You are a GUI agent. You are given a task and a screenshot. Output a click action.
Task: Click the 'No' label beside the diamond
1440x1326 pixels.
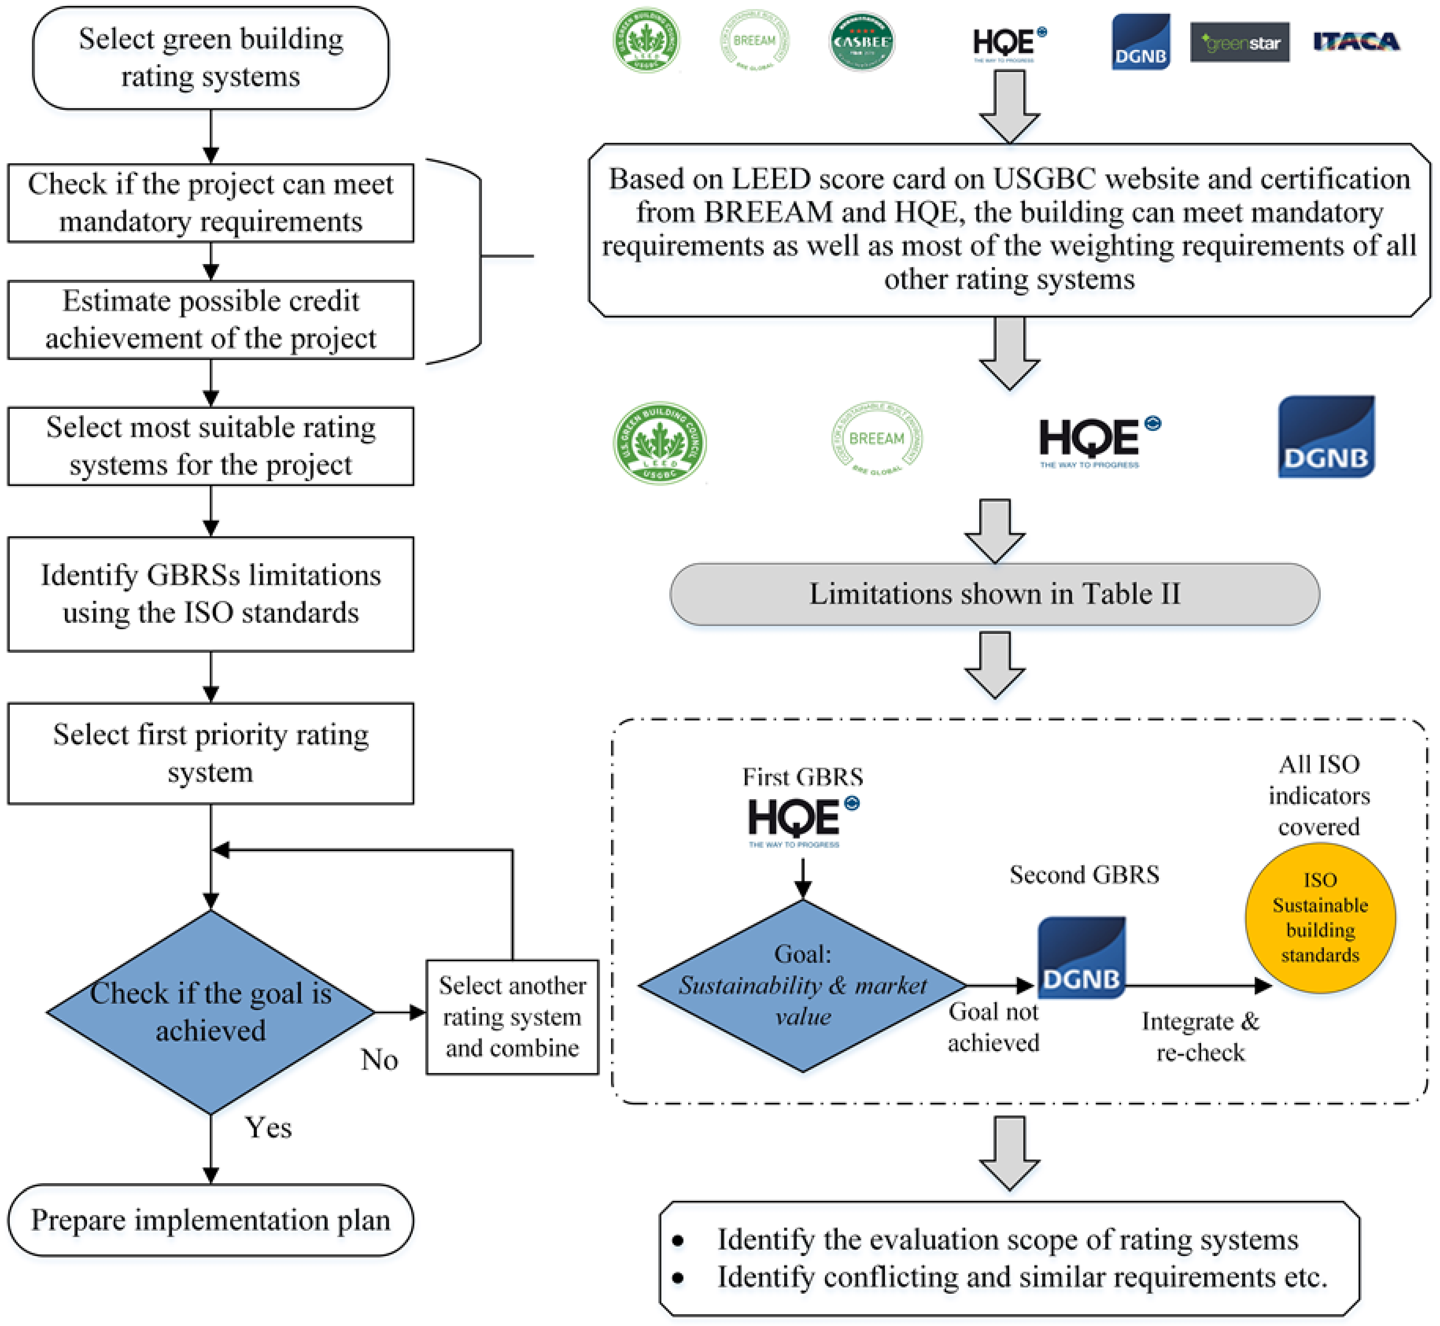tap(379, 1059)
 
